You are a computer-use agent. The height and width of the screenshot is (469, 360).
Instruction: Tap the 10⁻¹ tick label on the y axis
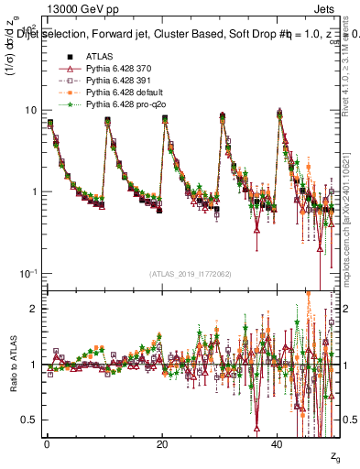28,273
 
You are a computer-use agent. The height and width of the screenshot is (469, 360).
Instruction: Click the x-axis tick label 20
162,442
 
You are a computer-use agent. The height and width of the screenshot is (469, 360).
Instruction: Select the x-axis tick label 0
47,442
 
